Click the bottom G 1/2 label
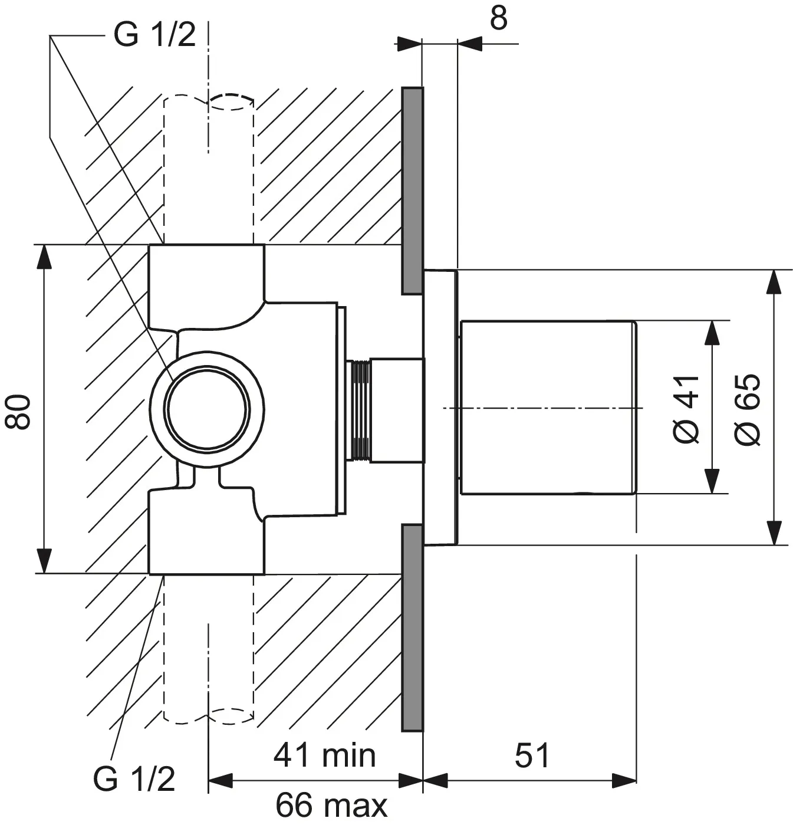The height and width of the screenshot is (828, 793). [x=134, y=779]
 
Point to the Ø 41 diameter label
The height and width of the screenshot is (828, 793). [x=687, y=408]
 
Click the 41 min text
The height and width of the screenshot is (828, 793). [x=324, y=755]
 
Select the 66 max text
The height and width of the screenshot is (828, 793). [x=331, y=804]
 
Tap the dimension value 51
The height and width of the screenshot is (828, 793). [x=532, y=755]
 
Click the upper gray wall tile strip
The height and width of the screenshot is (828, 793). [x=412, y=190]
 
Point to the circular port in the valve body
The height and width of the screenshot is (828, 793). [x=206, y=410]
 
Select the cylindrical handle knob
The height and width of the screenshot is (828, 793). [x=547, y=408]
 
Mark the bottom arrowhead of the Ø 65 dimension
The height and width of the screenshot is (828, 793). [x=774, y=532]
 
